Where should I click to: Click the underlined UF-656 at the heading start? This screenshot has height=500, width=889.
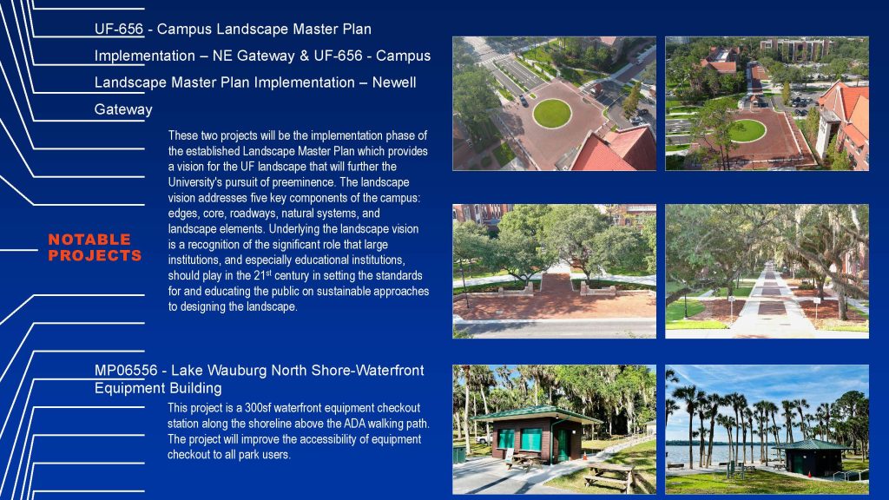click(x=118, y=29)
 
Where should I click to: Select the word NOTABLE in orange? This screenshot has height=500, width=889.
click(x=89, y=240)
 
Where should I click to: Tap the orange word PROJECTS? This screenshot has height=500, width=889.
click(x=95, y=256)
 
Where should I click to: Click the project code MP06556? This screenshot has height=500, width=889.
click(x=126, y=371)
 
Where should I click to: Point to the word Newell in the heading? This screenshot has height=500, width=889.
click(x=394, y=82)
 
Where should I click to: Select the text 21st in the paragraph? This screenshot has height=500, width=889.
click(x=262, y=275)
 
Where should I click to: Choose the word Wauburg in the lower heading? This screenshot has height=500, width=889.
click(x=240, y=371)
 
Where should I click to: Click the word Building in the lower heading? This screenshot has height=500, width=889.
click(x=196, y=388)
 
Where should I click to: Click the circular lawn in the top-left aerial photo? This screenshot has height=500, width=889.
click(x=551, y=113)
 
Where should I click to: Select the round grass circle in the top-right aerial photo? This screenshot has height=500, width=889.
click(x=747, y=131)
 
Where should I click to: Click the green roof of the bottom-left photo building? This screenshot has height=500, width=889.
click(x=536, y=414)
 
